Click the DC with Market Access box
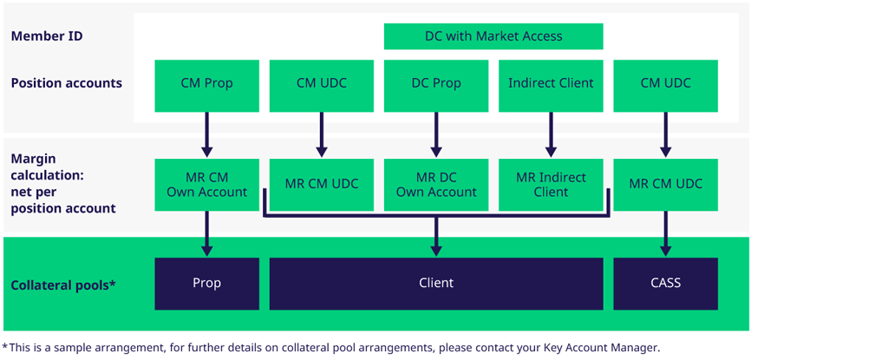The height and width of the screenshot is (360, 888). [x=493, y=36]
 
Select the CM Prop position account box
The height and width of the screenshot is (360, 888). [x=206, y=84]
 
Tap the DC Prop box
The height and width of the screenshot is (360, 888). [x=436, y=84]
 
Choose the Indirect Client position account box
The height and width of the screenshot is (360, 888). [x=551, y=84]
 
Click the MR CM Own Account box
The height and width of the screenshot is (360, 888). [x=206, y=185]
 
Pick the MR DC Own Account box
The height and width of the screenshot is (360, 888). [x=436, y=185]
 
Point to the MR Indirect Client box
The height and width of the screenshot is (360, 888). [x=551, y=185]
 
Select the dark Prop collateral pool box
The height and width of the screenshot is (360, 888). [x=206, y=284]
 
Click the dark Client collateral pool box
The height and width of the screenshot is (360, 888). [x=436, y=284]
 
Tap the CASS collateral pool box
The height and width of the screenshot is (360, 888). [x=665, y=284]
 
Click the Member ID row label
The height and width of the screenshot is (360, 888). [x=47, y=36]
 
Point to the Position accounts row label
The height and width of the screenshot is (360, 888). [x=66, y=84]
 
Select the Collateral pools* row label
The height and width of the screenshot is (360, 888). [x=63, y=285]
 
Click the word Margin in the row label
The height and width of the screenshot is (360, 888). [x=32, y=160]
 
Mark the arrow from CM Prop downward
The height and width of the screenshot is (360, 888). [x=206, y=134]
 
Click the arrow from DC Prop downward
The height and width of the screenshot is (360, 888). [x=436, y=134]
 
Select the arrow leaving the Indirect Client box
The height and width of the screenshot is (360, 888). [x=551, y=134]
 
